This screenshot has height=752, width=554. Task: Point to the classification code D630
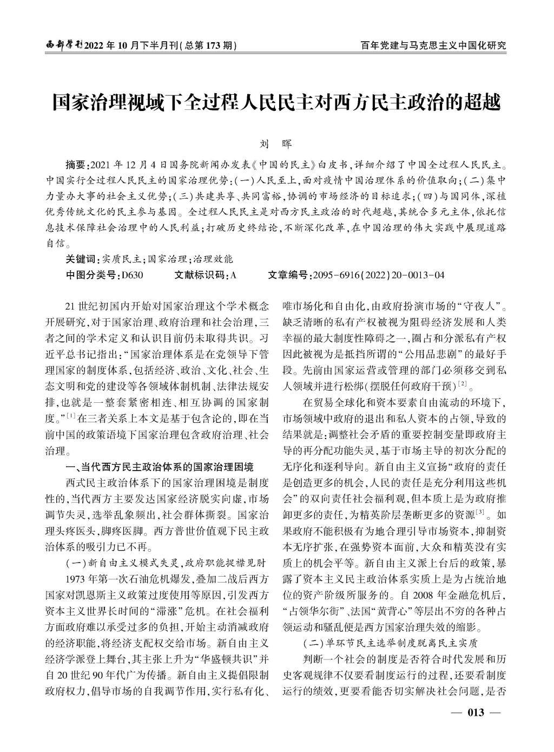click(133, 275)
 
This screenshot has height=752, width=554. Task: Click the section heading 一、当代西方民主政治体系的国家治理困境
click(159, 467)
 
